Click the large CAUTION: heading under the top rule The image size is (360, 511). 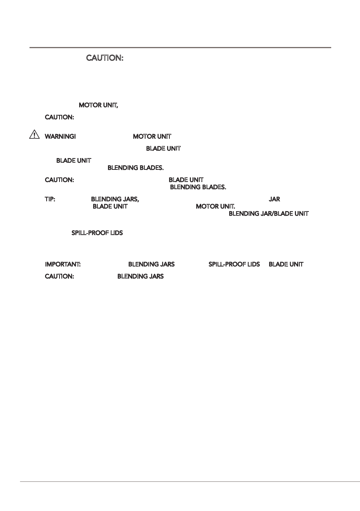coord(105,58)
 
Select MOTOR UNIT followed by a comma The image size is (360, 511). coord(98,105)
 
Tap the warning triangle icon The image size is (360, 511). coord(34,134)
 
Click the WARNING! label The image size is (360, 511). coord(60,136)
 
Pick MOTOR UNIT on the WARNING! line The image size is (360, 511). coord(152,136)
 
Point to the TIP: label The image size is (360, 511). coord(50,199)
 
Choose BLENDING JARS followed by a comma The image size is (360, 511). coord(115,199)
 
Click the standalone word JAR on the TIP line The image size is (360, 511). coord(274,199)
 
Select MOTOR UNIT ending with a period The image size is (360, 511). coord(215,207)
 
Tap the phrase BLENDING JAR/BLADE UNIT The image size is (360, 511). coord(268,214)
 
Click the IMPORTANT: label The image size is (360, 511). coord(63,264)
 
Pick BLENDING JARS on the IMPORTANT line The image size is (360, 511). coord(151,264)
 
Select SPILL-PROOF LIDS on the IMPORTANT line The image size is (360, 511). coord(234,264)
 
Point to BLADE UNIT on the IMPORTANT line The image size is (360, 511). coord(286,264)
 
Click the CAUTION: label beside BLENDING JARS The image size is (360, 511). coord(59,276)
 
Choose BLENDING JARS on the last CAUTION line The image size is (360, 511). coord(140,276)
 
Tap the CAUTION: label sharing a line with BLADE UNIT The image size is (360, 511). coord(59,180)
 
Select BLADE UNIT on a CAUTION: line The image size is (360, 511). coord(186,180)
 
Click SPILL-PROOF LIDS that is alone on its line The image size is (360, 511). coord(97,233)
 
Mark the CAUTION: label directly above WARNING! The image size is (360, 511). coord(59,118)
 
